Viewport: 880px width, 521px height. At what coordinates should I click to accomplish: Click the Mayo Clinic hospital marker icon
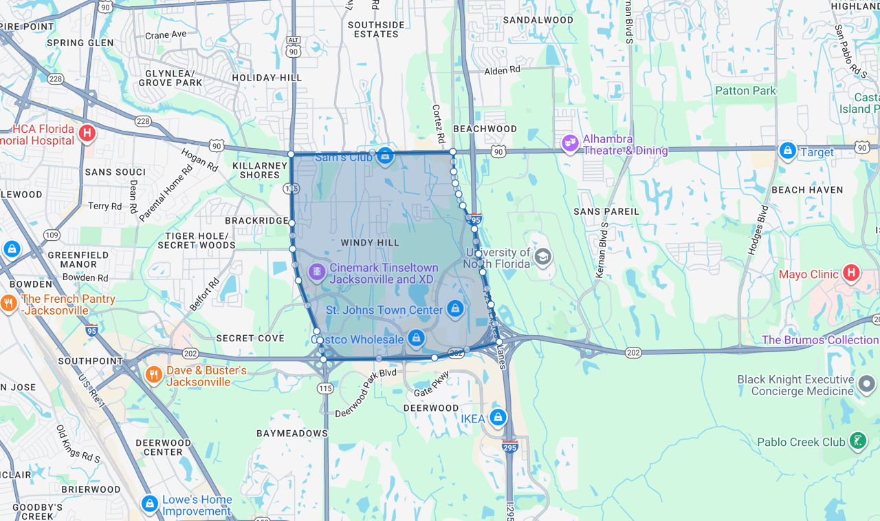tap(851, 273)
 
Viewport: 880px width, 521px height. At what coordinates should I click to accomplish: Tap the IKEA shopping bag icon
tap(498, 417)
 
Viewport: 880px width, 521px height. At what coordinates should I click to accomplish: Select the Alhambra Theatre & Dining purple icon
tap(569, 143)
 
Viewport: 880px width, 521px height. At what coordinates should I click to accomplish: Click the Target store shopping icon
tap(787, 150)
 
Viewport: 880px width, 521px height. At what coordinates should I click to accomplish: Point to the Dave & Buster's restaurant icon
tap(153, 374)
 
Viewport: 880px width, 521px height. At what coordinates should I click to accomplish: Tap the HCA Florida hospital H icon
tap(87, 133)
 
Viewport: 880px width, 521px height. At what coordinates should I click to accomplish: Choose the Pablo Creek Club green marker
tap(857, 440)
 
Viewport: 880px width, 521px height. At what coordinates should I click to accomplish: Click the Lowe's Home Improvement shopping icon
tap(149, 504)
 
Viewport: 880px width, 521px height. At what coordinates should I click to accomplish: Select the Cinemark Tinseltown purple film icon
tap(317, 272)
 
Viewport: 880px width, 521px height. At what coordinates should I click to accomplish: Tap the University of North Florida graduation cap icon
tap(542, 257)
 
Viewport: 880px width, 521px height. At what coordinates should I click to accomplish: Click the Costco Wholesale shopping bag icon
tap(415, 338)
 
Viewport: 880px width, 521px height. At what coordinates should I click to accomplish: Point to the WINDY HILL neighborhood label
tap(370, 243)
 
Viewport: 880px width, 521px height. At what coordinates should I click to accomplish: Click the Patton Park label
tap(745, 91)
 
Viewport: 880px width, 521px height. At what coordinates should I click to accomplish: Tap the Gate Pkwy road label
tap(432, 383)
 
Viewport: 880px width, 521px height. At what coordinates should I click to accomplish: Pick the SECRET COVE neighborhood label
tap(250, 339)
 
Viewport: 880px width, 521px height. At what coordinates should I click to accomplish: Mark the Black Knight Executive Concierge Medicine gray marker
tap(866, 383)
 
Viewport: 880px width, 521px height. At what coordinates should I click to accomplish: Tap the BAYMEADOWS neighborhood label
tap(292, 434)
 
